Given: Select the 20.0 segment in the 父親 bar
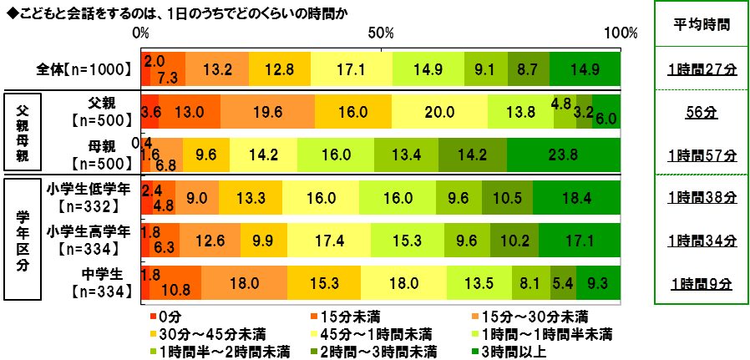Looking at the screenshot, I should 439,111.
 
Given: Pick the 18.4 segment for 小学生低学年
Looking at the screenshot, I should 576,198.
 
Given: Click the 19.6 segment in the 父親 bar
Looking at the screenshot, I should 267,111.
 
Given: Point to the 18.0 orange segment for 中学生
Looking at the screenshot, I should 244,283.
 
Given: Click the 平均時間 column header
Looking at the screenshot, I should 702,24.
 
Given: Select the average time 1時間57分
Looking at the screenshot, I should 702,155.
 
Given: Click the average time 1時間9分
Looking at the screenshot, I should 702,284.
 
